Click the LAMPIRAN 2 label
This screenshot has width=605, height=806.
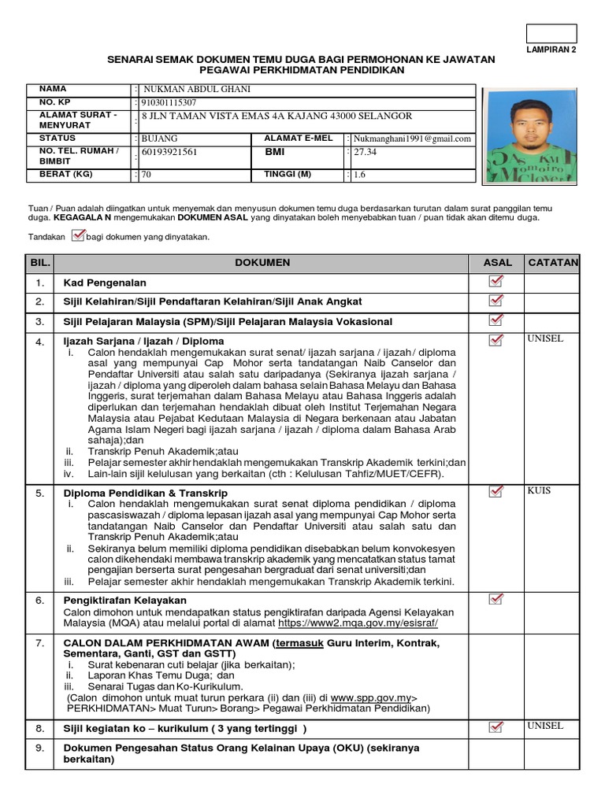coord(551,49)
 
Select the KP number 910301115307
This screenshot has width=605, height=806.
coord(169,102)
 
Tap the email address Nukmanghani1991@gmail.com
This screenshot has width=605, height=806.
coord(412,139)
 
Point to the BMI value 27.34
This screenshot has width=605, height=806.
coord(366,152)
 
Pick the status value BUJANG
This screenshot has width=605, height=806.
coord(160,139)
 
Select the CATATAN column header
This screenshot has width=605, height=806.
coord(552,262)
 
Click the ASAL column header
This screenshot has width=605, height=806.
coord(496,262)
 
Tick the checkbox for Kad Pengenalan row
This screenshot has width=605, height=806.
coord(496,282)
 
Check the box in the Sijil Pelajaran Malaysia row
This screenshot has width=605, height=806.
coord(496,320)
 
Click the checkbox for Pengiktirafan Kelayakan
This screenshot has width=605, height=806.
coord(496,601)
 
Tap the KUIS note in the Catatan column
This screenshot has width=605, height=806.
coord(539,490)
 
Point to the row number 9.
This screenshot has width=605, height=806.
coord(39,748)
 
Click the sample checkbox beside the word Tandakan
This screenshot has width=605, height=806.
coord(77,235)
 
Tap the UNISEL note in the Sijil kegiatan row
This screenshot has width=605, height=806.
coord(545,726)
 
